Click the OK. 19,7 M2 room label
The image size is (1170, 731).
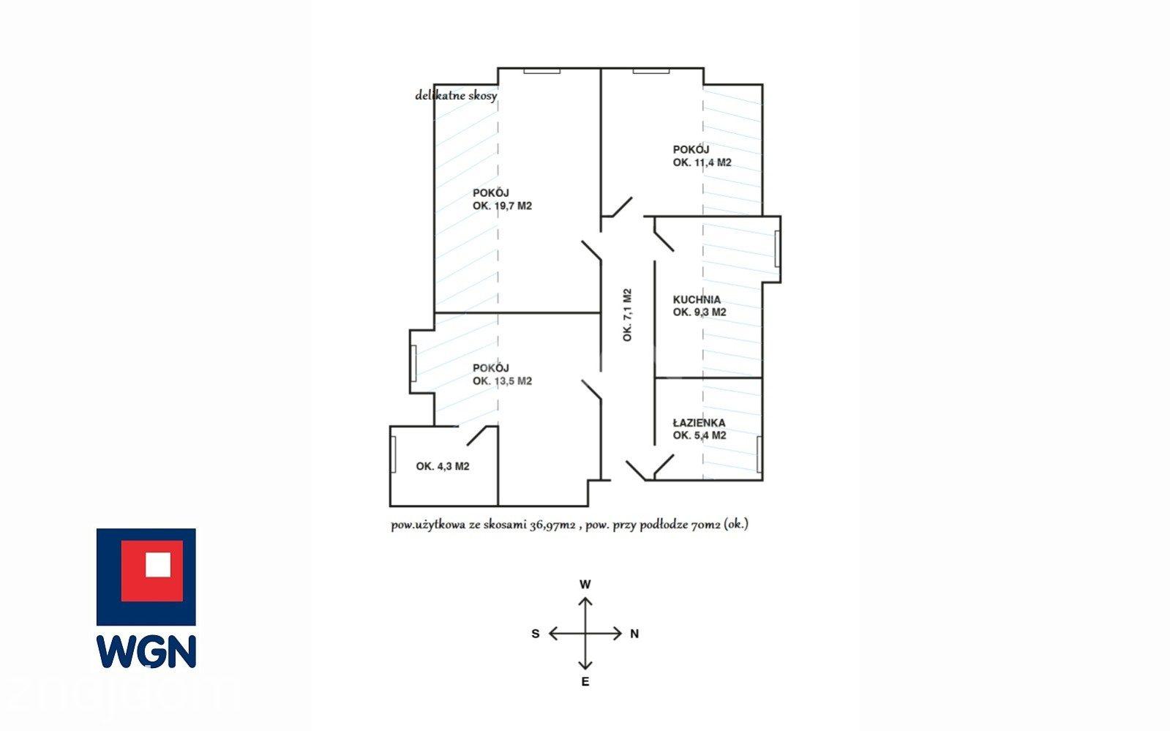coord(502,206)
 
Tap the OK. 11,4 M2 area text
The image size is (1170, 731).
coord(702,162)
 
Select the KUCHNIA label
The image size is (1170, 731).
coord(697,299)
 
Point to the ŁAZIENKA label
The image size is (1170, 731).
coord(699,423)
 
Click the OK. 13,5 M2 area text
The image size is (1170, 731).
coord(502,381)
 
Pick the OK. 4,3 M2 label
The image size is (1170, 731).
coord(443,466)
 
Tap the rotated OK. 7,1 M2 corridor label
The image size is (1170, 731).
coord(627,315)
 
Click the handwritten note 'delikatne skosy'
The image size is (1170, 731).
coord(456,96)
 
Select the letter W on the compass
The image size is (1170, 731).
coord(585,584)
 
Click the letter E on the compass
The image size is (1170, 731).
coord(585,681)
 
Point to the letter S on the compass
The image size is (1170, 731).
coord(536,634)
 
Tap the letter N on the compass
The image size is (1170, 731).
coord(634,634)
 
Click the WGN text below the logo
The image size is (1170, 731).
coord(146,651)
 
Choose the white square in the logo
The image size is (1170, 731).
coord(158,565)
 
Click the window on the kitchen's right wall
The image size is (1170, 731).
coord(777,249)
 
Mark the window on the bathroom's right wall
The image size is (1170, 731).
coord(759,454)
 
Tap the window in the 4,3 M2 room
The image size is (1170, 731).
coord(394,454)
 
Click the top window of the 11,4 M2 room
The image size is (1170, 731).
coord(650,70)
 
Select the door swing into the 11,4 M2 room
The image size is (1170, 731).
coord(621,207)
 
